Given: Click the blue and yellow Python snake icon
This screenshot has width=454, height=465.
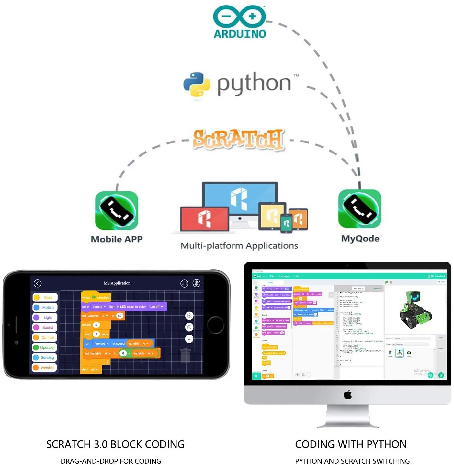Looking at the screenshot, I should click(x=196, y=84).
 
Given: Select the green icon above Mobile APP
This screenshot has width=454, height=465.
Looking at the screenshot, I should click(x=117, y=210).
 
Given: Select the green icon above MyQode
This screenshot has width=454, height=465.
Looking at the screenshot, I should click(x=359, y=209).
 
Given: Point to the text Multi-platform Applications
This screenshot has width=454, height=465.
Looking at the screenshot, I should click(x=239, y=246).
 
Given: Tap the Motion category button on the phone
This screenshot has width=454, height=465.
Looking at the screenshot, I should click(x=45, y=307).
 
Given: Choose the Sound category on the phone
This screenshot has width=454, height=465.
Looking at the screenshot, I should click(x=45, y=327).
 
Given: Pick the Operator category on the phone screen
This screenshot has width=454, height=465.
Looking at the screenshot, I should click(x=45, y=347).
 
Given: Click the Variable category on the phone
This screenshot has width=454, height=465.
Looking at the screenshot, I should click(x=45, y=368).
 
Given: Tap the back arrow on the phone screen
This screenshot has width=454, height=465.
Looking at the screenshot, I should click(x=38, y=283).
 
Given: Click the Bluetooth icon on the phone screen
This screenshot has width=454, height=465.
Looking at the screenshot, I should click(x=196, y=283).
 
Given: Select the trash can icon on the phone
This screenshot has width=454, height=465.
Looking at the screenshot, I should click(x=185, y=355).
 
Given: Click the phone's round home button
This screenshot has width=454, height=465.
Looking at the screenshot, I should click(x=215, y=325).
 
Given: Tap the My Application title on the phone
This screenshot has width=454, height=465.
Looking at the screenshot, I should click(x=117, y=283).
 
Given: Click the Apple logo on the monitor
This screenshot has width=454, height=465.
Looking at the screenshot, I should click(x=347, y=395).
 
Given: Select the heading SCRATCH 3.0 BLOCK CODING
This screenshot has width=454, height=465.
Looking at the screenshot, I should click(x=115, y=444).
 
